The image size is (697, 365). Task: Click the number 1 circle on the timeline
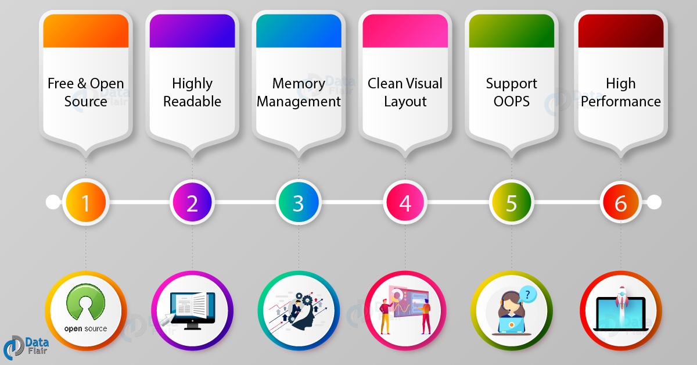click(85, 202)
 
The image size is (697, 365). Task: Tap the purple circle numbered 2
click(192, 202)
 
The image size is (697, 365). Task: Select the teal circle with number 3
click(298, 202)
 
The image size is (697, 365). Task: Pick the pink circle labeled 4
click(405, 202)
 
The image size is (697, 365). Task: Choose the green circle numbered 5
click(511, 202)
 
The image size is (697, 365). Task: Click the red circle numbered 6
click(620, 202)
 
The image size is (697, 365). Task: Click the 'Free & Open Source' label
click(86, 92)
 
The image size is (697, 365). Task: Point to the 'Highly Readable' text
click(192, 92)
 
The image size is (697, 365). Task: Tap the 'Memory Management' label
click(299, 92)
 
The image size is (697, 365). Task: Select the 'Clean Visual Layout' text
click(405, 92)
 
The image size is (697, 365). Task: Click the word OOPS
click(512, 102)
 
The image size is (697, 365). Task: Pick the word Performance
click(621, 102)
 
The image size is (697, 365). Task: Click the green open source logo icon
click(85, 305)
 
